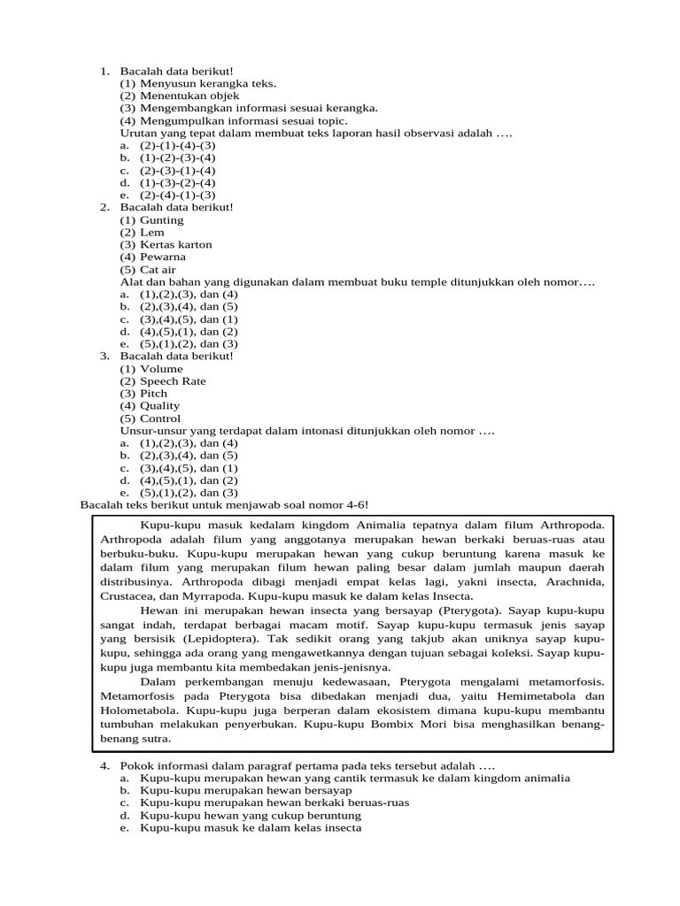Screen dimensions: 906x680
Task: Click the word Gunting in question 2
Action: (161, 220)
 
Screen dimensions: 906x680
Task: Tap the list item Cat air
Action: (158, 270)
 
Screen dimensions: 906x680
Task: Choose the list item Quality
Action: (159, 406)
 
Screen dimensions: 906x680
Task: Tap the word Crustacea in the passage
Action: (128, 596)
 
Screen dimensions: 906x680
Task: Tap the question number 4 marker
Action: (104, 765)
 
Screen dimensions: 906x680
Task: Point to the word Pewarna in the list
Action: (163, 257)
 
